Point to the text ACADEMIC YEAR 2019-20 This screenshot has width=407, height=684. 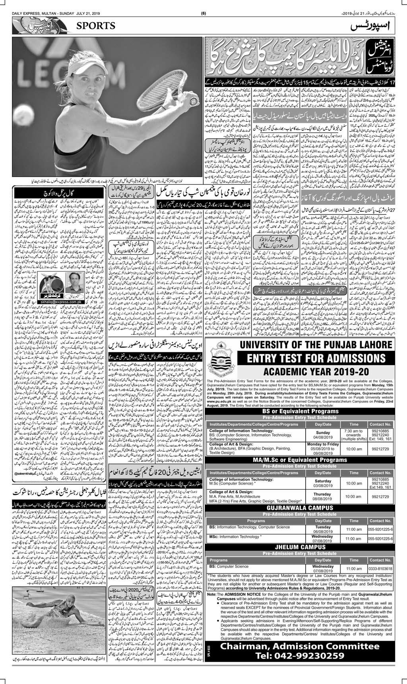tap(316, 372)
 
